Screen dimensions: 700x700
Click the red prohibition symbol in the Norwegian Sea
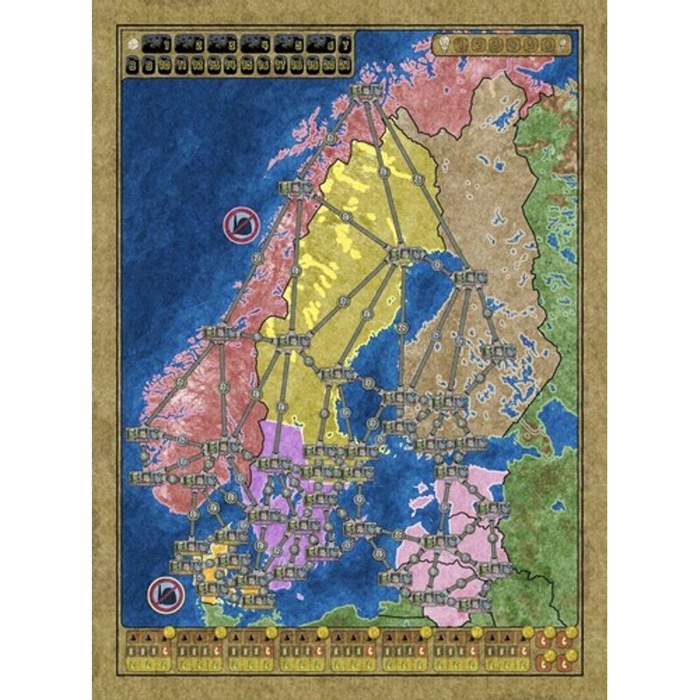[241, 225]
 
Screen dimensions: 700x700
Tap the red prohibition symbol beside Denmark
[163, 594]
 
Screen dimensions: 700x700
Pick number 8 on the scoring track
[132, 62]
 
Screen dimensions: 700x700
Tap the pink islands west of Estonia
[414, 535]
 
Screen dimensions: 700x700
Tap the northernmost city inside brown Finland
[465, 278]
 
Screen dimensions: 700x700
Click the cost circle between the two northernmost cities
[331, 137]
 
